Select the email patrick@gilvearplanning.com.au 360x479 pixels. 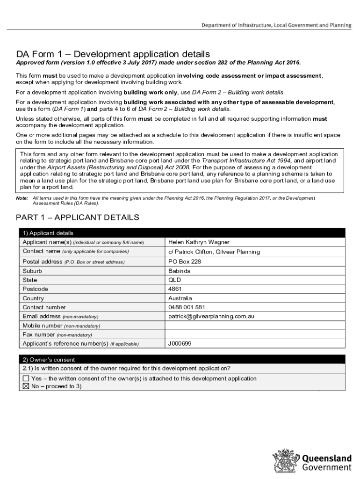tap(211, 316)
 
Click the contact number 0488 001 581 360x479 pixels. tap(187, 307)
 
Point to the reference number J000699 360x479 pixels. tap(180, 344)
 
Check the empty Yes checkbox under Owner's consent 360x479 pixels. tap(26, 378)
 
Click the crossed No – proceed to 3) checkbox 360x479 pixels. tap(26, 386)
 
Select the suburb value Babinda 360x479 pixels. tap(179, 271)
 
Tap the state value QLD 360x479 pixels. tap(174, 280)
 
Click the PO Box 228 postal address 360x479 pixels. tap(185, 261)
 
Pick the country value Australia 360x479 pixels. tap(180, 298)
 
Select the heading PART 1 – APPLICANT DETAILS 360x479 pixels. tap(77, 218)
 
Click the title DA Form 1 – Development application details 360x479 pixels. tap(113, 54)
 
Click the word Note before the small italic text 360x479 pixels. tap(22, 198)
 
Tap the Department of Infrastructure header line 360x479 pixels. tap(276, 25)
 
